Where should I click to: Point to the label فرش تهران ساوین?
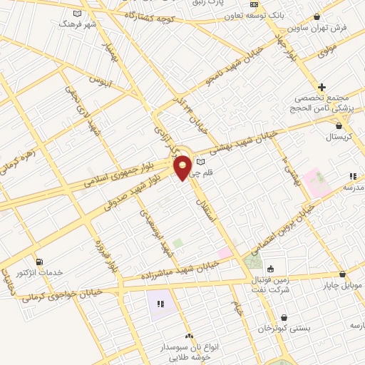(317, 27)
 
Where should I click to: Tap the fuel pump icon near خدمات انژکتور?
(38, 262)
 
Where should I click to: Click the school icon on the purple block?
(161, 304)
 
